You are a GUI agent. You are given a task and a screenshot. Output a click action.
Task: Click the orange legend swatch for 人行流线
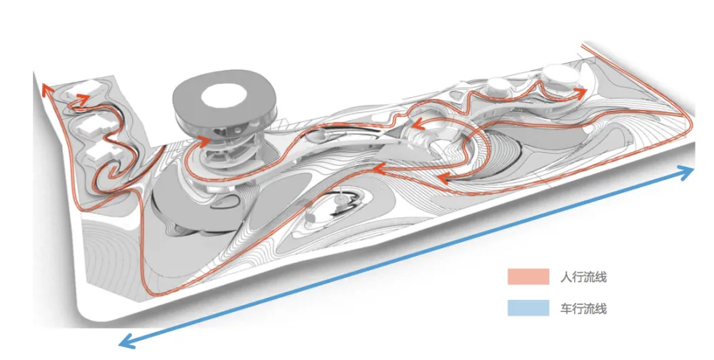point(528,276)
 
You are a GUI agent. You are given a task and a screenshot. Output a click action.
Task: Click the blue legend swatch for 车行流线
point(528,308)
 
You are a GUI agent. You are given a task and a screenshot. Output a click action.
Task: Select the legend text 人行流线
point(583,276)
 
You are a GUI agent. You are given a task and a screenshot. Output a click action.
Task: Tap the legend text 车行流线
point(583,309)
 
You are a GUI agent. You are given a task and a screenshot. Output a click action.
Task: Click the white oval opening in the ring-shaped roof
point(224,96)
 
